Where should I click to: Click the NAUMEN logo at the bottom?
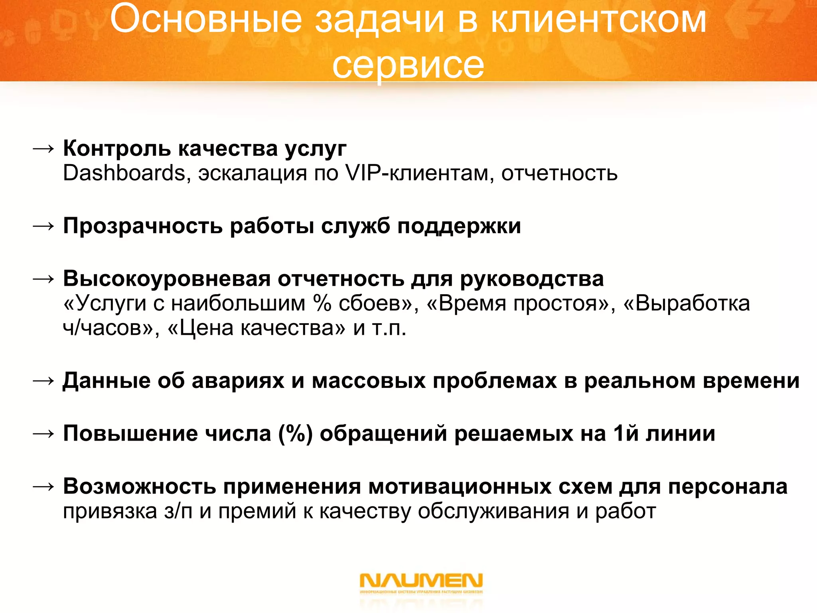click(421, 581)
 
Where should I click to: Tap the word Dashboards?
click(124, 173)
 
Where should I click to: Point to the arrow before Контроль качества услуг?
click(43, 149)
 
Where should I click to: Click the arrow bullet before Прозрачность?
click(43, 226)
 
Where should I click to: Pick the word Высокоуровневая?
click(167, 278)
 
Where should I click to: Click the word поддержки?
click(459, 226)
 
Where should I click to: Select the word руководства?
click(532, 278)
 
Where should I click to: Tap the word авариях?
click(238, 380)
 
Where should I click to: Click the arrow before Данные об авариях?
click(43, 381)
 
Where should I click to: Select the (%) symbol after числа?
click(295, 433)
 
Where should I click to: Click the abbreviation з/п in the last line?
click(178, 511)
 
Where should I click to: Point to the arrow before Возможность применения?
click(43, 486)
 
